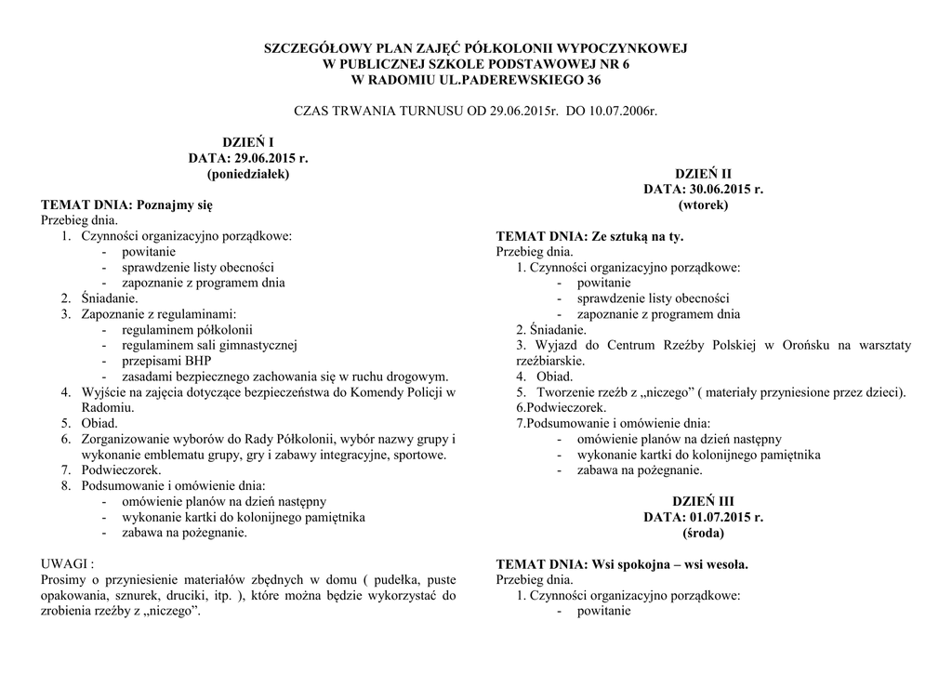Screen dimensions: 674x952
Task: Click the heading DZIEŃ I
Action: [x=247, y=142]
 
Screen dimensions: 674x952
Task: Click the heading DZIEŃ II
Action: [x=703, y=174]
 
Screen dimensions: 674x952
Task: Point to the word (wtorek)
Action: [x=704, y=205]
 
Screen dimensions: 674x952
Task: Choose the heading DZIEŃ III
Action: [x=703, y=502]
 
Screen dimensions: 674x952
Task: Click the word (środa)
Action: [x=703, y=534]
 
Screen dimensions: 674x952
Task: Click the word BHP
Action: [x=198, y=361]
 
